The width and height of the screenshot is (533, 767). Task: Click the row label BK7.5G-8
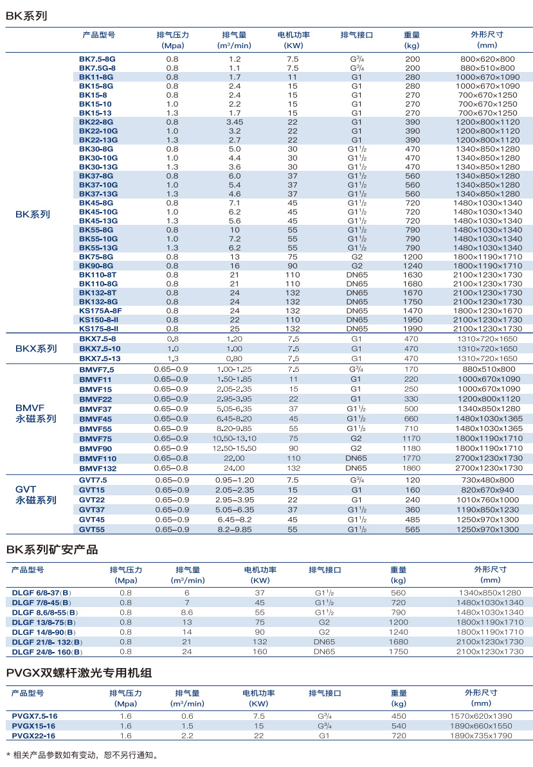tap(97, 68)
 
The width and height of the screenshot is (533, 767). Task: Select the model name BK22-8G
tap(96, 122)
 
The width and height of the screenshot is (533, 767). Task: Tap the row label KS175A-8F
tap(100, 311)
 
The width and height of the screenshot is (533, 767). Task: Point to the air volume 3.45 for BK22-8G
tap(235, 122)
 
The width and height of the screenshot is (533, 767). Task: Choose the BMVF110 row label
tap(98, 459)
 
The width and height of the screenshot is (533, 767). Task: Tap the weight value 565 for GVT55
tap(412, 530)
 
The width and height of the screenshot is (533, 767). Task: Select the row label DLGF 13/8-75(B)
tap(44, 622)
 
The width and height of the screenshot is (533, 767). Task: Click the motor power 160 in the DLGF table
tap(260, 652)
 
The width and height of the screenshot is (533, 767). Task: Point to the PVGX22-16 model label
tap(33, 736)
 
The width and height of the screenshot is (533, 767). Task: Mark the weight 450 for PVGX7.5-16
tap(399, 716)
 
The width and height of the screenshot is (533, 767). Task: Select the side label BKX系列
tap(36, 349)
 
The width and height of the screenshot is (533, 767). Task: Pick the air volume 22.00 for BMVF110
tap(235, 459)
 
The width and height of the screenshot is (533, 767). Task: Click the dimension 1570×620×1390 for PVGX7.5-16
tap(481, 716)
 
